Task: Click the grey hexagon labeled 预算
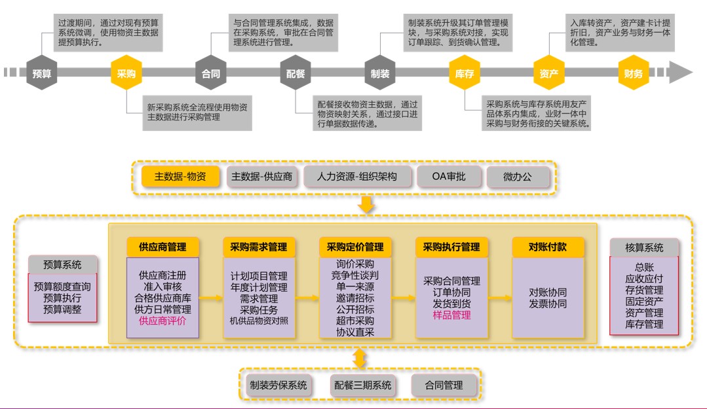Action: tap(42, 73)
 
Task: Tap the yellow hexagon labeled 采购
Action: tap(126, 73)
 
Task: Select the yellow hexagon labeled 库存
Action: tap(464, 73)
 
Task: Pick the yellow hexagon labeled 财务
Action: tap(634, 73)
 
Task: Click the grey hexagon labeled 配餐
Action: tap(296, 73)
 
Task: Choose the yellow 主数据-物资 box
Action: tap(180, 177)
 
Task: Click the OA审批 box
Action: tap(448, 177)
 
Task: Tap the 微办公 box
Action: tap(518, 177)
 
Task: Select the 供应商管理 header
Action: tap(162, 247)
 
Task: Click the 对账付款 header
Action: tap(548, 247)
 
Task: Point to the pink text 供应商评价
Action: tap(162, 321)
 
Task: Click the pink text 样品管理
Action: tap(451, 315)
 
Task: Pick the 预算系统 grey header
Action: tap(63, 264)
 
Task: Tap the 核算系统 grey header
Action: tap(644, 247)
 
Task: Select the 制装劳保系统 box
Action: tap(278, 385)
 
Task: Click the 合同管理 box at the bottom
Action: tap(444, 385)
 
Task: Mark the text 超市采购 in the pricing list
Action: tap(355, 321)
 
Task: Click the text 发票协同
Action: tap(548, 304)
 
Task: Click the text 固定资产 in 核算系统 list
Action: tap(644, 301)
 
